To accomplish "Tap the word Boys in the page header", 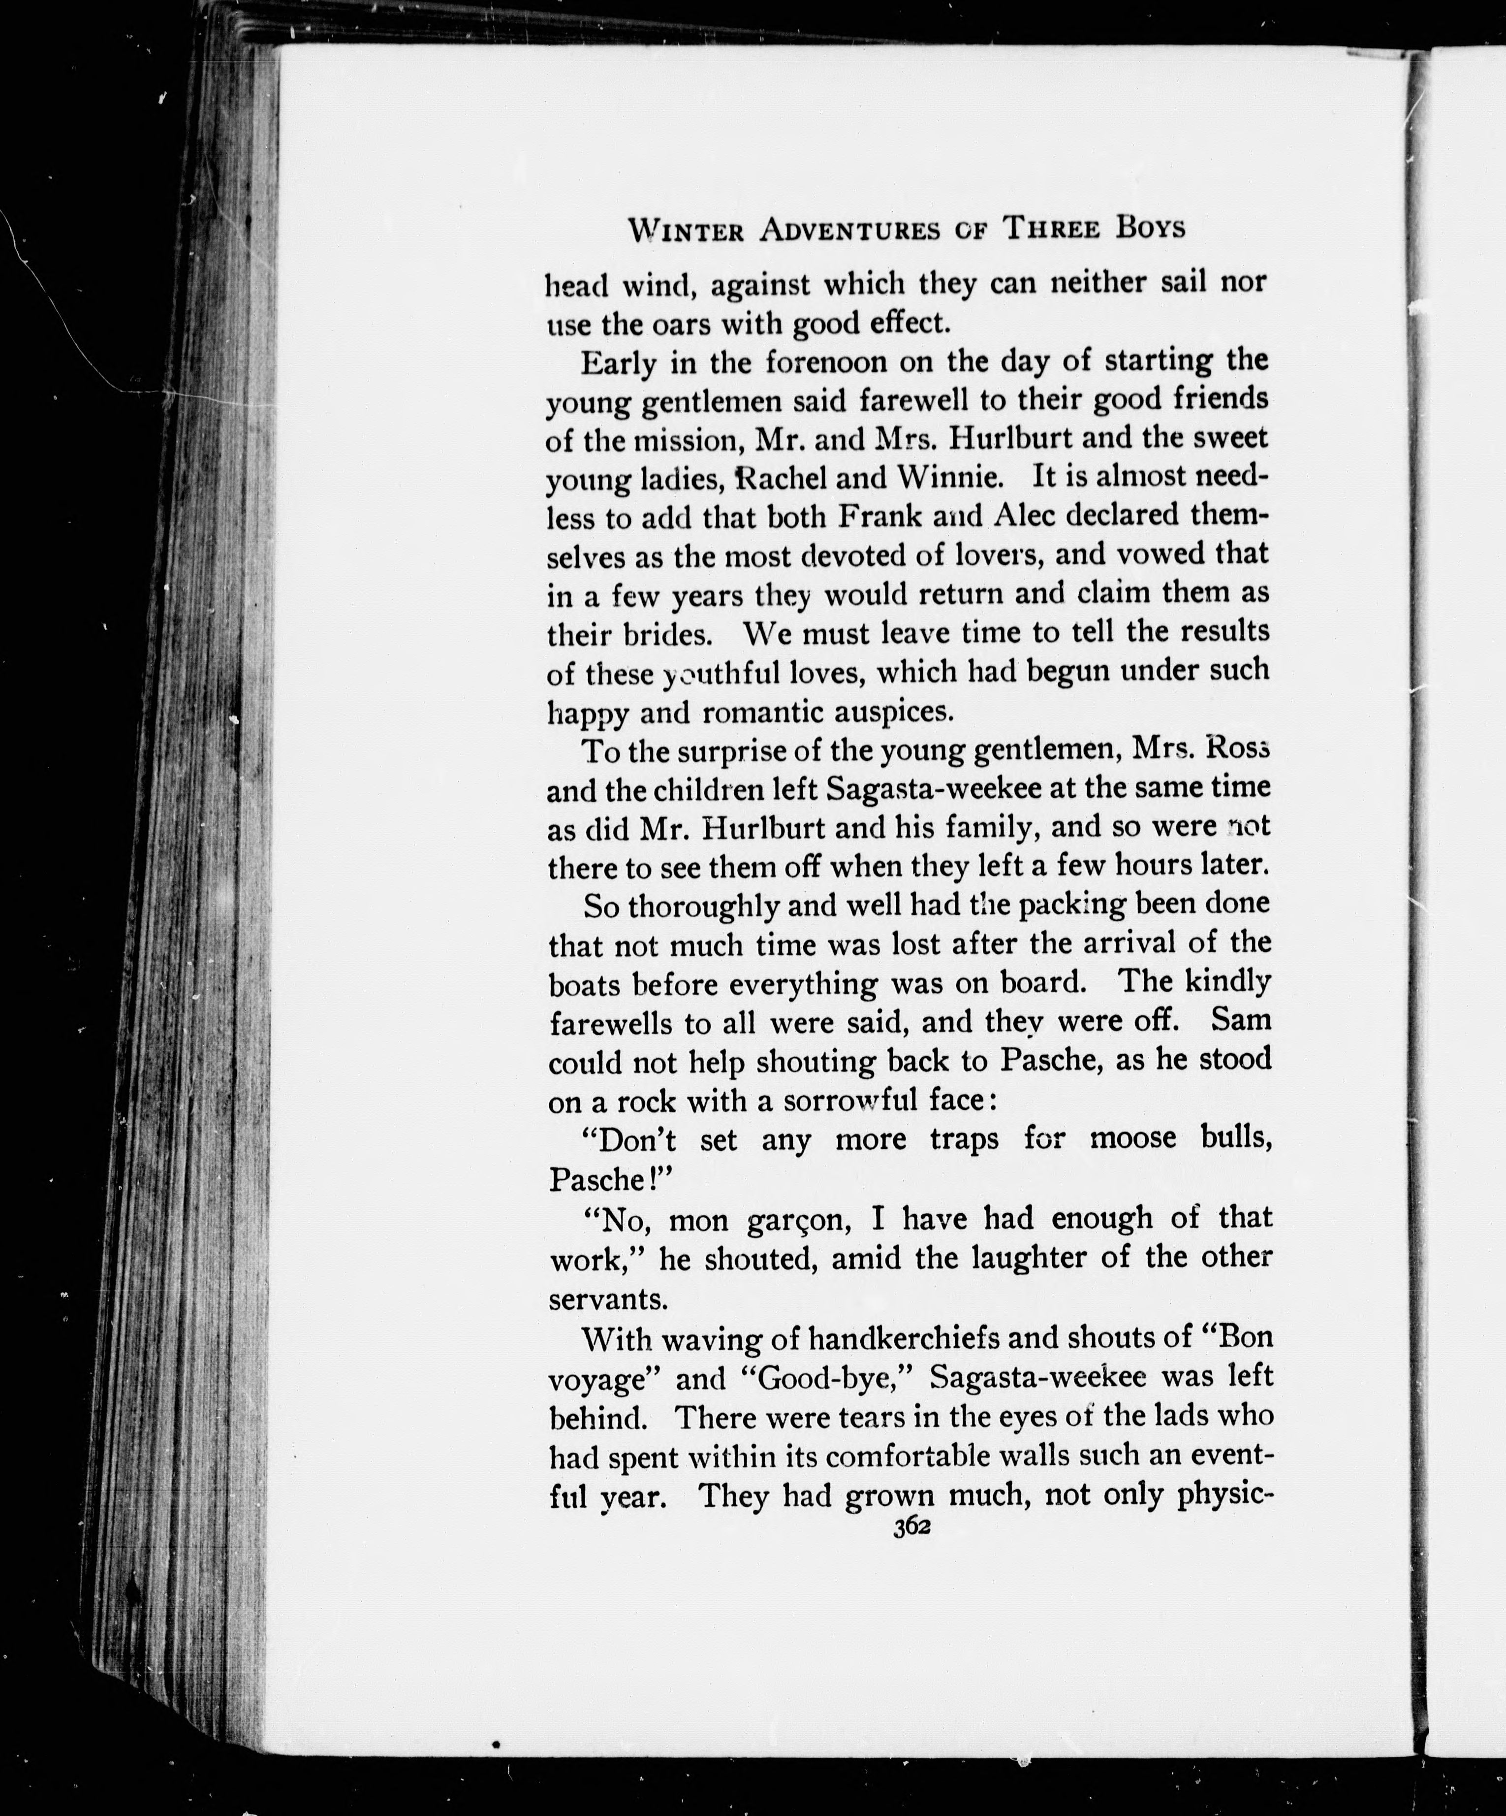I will click(x=1149, y=228).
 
